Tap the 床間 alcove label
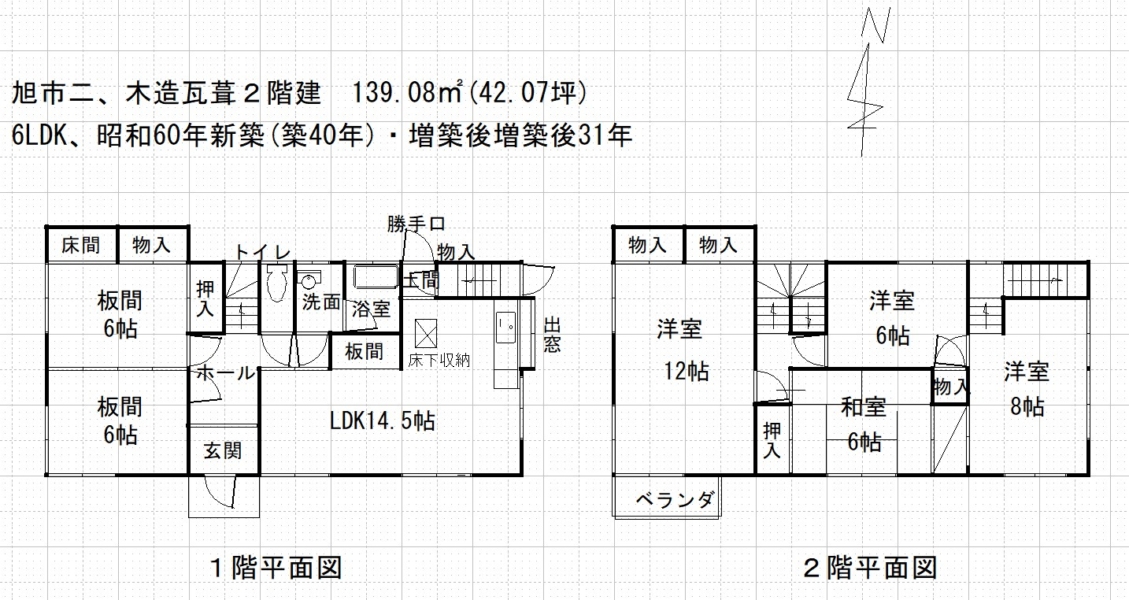81,246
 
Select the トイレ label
263,251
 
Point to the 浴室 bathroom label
371,310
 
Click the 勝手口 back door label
415,223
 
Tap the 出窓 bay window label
552,335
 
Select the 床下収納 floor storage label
438,359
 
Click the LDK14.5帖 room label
382,421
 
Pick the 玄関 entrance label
222,451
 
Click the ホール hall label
225,373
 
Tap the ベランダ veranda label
675,499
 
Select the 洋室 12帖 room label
685,350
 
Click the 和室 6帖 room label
863,424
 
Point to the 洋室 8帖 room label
1027,389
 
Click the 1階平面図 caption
276,568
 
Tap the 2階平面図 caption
871,568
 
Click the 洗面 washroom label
321,302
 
